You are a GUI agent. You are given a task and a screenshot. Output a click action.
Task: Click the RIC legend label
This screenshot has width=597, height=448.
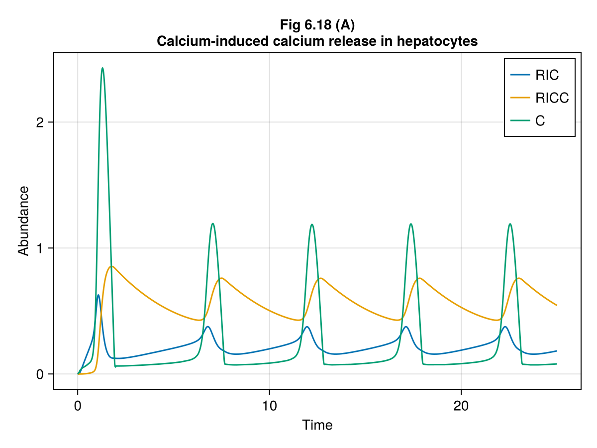tap(547, 75)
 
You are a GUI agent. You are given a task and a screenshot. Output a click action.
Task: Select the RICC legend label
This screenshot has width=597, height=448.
tap(552, 98)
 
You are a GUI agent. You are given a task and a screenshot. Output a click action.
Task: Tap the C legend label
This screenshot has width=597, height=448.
tap(540, 121)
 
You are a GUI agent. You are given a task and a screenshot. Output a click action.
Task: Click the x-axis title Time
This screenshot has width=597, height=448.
tap(317, 425)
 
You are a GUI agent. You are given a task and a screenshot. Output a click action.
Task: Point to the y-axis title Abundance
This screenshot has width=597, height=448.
tap(23, 220)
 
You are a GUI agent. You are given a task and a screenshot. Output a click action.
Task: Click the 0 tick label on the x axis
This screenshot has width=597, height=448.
tap(78, 405)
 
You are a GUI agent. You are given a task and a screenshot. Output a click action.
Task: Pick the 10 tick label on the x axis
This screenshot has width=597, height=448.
tap(269, 405)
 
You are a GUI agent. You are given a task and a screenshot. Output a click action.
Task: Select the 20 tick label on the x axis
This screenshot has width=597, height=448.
tap(461, 405)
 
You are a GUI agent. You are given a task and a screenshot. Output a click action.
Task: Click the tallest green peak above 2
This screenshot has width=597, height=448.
tap(102, 68)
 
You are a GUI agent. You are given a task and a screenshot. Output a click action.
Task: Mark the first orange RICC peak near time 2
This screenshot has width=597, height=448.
tap(112, 266)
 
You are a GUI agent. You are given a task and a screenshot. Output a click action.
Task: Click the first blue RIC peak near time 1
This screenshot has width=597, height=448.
tap(99, 295)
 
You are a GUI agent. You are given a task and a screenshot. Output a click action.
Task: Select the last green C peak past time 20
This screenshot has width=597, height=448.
tap(510, 224)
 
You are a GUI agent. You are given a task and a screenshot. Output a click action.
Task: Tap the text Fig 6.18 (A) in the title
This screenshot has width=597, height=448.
tap(317, 24)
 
